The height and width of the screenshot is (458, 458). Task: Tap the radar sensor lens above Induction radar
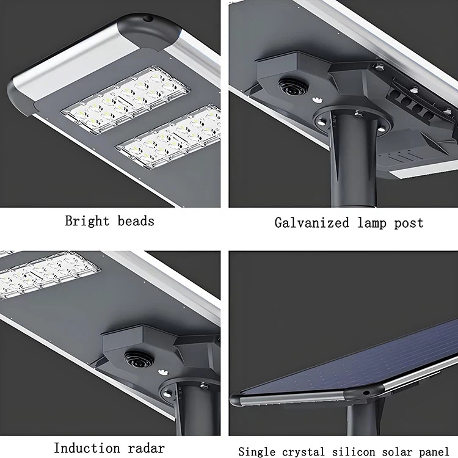coord(136,360)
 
